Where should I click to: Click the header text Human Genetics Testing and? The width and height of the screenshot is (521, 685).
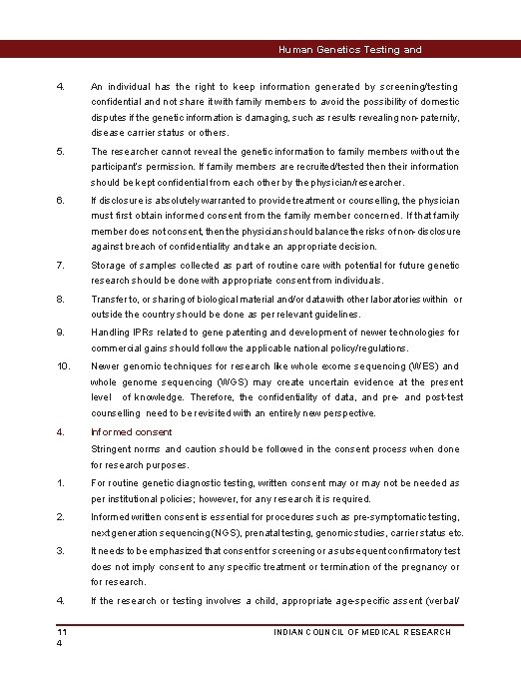pos(349,49)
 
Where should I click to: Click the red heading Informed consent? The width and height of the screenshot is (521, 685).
pos(131,432)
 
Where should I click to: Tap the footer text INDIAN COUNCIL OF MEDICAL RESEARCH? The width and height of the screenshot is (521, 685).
pos(362,632)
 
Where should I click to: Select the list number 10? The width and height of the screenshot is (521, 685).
pos(64,366)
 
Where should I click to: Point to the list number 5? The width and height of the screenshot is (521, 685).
pos(61,152)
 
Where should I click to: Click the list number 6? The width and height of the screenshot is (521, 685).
pos(61,200)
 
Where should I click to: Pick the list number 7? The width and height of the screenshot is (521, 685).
pos(61,266)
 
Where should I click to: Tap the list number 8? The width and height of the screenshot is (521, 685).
pos(61,300)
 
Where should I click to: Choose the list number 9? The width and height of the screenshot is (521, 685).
pos(61,333)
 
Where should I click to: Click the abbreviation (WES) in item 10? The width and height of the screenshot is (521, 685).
pos(420,366)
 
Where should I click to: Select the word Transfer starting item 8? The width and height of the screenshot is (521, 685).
pos(111,300)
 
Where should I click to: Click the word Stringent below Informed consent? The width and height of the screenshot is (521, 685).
pos(113,448)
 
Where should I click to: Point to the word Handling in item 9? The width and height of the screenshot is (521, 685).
pos(111,333)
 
